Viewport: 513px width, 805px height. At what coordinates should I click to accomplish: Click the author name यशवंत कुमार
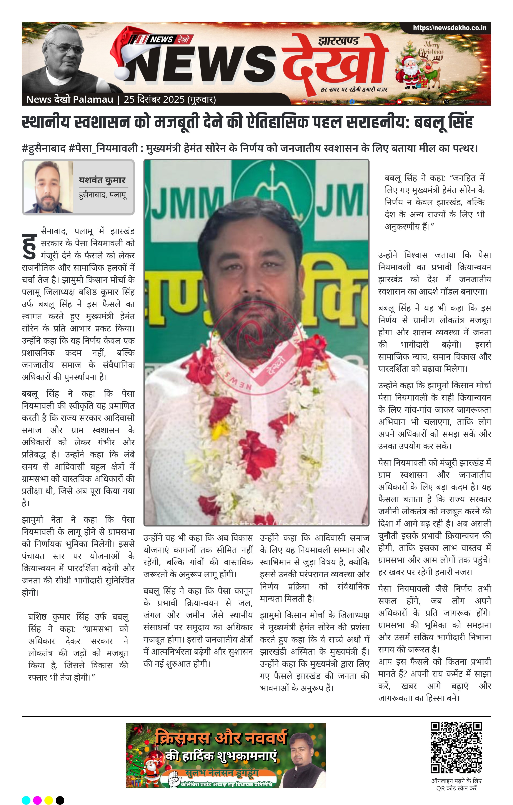tap(102, 180)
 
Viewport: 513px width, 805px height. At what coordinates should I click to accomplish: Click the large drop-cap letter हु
tap(29, 246)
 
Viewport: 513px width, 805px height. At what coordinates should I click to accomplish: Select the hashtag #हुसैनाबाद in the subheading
tap(43, 148)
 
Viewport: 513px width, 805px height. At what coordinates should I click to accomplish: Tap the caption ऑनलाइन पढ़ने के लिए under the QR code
tap(456, 781)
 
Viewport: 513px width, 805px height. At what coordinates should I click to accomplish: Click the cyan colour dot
tap(26, 800)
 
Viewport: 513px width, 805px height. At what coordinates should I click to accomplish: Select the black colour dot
tap(60, 800)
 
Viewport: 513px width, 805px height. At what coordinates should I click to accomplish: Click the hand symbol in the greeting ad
tap(173, 778)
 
